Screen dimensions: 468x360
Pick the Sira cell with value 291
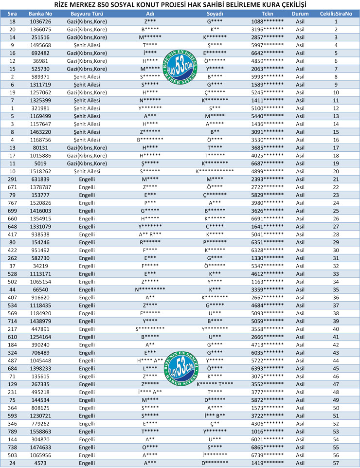[x=12, y=179]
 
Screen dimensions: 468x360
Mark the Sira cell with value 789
[x=12, y=432]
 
